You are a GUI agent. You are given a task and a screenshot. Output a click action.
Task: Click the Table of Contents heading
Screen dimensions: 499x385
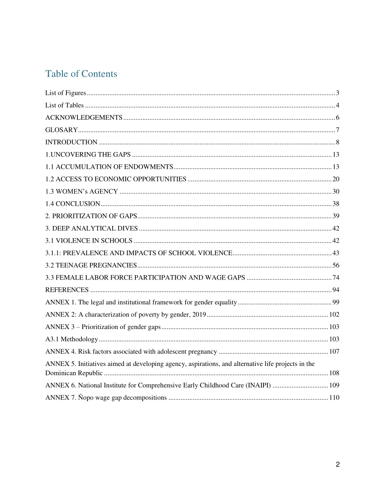point(81,74)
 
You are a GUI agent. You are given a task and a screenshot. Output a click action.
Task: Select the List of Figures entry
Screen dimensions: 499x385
point(65,93)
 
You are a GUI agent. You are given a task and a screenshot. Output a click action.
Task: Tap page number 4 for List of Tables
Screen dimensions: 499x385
point(337,105)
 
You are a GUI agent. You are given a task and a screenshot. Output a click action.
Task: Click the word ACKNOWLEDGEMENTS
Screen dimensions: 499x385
point(84,118)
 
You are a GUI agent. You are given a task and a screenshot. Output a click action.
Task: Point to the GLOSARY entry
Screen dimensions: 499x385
point(61,130)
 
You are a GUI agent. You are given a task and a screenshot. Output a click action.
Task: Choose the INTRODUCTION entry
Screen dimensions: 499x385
point(71,142)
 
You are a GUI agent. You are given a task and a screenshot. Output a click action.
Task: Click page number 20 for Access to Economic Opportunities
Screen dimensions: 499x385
point(336,179)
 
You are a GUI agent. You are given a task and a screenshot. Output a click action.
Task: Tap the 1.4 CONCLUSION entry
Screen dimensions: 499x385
point(73,204)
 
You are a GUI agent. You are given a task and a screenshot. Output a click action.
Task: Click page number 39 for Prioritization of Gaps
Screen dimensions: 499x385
point(336,216)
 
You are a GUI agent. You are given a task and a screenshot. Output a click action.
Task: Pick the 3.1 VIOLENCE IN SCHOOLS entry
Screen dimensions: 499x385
point(89,241)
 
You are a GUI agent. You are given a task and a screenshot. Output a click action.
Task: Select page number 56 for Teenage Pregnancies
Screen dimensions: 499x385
point(336,265)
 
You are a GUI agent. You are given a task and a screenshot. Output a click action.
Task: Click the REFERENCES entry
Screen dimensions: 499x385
point(67,290)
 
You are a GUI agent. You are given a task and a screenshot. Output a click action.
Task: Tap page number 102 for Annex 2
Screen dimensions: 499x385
point(334,314)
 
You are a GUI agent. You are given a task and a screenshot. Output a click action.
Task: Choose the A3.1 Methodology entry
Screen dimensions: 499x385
point(71,339)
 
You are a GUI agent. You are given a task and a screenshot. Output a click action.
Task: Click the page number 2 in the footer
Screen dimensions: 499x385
point(338,465)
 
